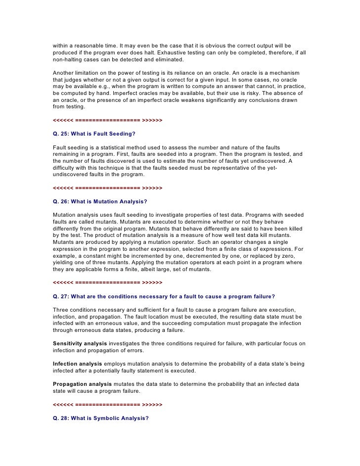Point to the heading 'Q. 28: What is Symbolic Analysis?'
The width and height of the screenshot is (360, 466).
click(x=101, y=418)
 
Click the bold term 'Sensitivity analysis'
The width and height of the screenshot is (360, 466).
click(x=80, y=343)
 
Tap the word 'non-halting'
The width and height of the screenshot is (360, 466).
click(x=69, y=59)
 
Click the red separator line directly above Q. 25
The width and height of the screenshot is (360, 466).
click(x=107, y=120)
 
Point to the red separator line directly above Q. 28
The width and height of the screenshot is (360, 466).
click(x=107, y=404)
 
